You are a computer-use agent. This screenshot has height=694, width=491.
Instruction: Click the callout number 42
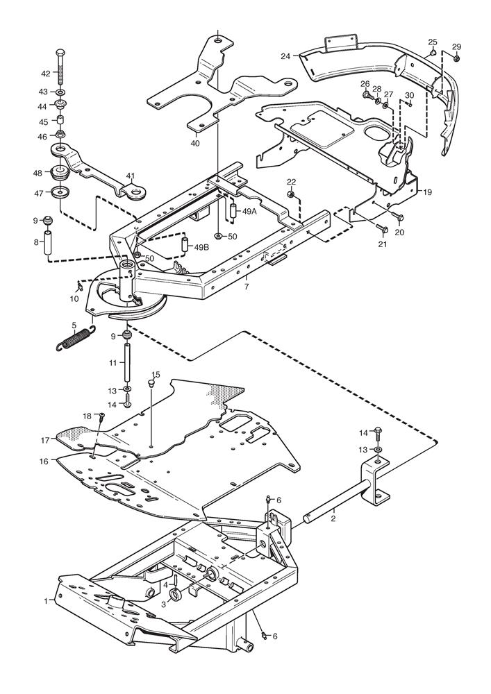[46, 73]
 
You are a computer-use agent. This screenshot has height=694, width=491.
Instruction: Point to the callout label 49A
[249, 212]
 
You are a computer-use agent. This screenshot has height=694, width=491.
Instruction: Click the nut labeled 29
[456, 58]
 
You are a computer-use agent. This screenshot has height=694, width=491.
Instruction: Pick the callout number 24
[285, 56]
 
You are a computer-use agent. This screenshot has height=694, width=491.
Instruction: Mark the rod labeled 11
[128, 362]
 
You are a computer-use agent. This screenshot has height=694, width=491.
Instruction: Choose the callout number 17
[45, 440]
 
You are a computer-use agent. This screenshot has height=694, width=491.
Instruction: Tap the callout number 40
[195, 144]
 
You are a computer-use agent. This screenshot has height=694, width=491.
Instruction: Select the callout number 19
[427, 192]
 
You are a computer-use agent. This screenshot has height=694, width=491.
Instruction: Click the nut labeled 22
[291, 194]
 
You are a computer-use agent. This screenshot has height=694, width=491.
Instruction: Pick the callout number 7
[246, 287]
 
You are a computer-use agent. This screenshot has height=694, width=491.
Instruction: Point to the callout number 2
[333, 518]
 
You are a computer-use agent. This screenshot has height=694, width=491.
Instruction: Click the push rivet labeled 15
[151, 384]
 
